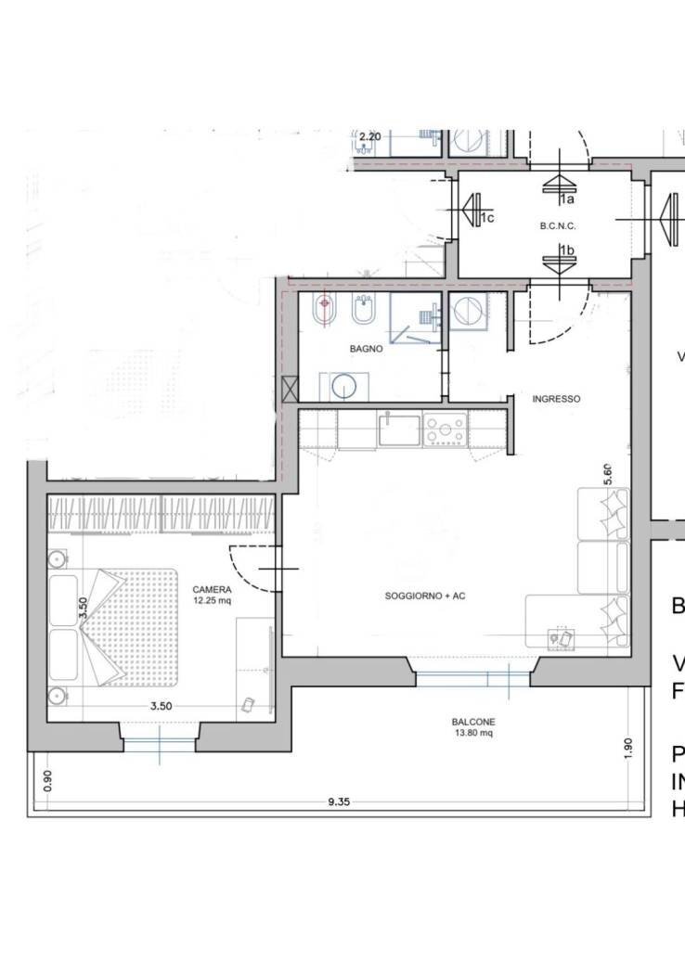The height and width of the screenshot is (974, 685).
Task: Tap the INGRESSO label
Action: click(557, 399)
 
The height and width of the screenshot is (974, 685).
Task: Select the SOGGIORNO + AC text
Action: click(424, 596)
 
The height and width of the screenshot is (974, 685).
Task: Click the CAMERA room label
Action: click(212, 589)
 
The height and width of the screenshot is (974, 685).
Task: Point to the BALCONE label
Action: click(472, 722)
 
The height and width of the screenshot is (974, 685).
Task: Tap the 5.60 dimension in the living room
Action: click(609, 473)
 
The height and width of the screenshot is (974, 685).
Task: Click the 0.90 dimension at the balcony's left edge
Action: click(48, 780)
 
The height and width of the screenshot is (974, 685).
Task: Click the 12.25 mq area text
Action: click(212, 600)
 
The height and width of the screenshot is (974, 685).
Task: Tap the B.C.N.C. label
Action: click(558, 225)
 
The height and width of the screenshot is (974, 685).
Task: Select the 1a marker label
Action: click(566, 199)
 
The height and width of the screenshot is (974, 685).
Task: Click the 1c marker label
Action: click(486, 218)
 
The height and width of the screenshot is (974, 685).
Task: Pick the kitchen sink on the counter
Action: click(399, 429)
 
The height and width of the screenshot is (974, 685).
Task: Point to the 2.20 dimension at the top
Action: click(369, 136)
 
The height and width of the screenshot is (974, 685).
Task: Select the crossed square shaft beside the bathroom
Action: click(290, 389)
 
